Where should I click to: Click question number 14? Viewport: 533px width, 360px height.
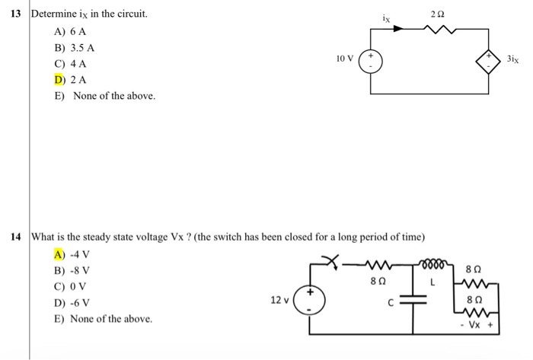pos(14,237)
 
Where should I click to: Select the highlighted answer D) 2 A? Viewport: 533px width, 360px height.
pos(70,79)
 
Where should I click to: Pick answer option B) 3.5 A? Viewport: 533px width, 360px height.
pos(74,47)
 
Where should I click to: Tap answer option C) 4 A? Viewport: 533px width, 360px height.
pos(70,63)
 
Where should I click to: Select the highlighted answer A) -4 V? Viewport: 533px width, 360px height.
pos(72,254)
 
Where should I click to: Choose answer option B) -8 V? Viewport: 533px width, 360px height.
pos(72,270)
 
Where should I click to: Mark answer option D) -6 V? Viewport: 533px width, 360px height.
pos(72,302)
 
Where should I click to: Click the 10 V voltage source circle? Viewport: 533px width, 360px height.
pos(372,60)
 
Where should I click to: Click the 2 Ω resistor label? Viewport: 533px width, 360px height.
pos(436,16)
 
